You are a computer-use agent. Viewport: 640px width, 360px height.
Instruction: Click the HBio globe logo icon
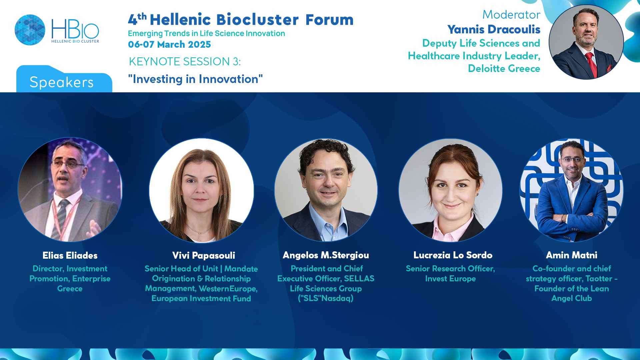click(30, 30)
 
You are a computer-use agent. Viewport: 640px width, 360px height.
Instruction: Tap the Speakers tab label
click(62, 82)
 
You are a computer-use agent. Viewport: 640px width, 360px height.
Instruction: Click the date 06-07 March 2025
click(169, 44)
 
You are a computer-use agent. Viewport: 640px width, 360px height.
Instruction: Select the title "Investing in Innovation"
click(195, 79)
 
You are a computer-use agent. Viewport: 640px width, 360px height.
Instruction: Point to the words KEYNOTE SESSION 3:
click(185, 62)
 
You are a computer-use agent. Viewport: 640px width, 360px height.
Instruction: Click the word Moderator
click(511, 15)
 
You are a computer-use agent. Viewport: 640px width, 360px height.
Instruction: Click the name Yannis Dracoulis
click(494, 29)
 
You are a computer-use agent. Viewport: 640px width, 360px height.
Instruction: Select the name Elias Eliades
click(70, 256)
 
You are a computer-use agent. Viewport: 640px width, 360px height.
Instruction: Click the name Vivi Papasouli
click(204, 256)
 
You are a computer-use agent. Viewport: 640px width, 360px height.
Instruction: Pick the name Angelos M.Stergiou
click(326, 255)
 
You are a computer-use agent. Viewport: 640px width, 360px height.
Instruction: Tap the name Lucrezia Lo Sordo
click(453, 255)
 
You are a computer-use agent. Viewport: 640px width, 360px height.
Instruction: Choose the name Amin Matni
click(571, 255)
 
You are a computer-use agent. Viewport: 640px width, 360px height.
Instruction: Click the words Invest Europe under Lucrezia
click(450, 279)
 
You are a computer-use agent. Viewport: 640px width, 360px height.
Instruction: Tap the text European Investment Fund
click(201, 298)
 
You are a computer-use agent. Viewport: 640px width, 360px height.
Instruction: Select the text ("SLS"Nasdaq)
click(326, 298)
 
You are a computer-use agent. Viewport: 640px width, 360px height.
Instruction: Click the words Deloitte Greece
click(504, 68)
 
